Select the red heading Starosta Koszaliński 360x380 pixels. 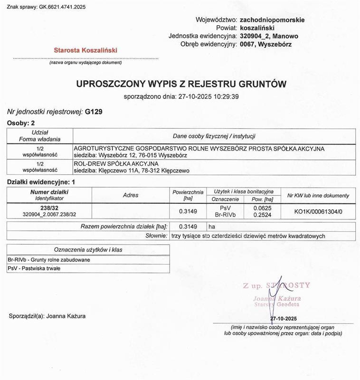pyautogui.click(x=85, y=50)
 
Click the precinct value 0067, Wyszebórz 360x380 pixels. pyautogui.click(x=266, y=44)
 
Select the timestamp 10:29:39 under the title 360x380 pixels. pyautogui.click(x=225, y=96)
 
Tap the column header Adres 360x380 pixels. pyautogui.click(x=131, y=195)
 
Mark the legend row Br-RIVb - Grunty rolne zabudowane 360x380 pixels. pyautogui.click(x=49, y=260)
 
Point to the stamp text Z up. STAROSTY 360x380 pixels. pyautogui.click(x=276, y=285)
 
